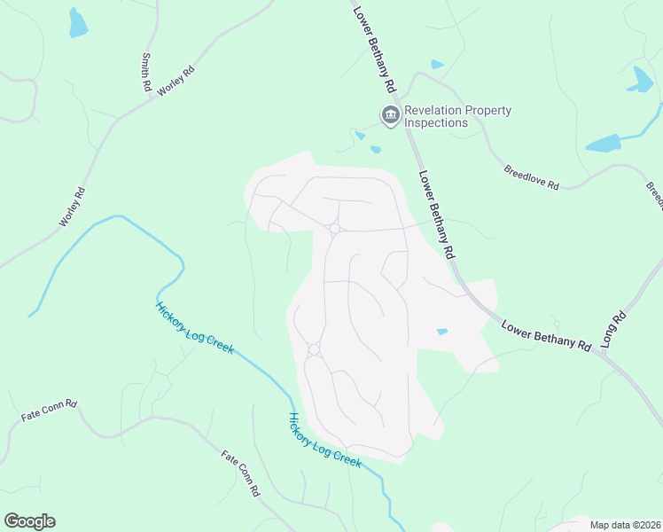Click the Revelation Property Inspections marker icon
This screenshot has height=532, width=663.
point(389,115)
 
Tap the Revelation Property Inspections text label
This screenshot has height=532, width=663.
point(457,116)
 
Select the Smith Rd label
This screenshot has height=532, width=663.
point(145,72)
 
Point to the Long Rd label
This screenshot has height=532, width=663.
point(613,328)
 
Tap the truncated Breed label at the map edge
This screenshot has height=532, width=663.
point(654,196)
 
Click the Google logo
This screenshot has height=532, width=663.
point(29,521)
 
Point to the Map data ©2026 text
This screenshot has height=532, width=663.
point(625,525)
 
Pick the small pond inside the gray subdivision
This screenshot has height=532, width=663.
point(441,332)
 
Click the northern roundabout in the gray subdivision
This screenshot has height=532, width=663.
point(335,229)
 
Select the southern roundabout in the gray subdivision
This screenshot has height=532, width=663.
point(313,349)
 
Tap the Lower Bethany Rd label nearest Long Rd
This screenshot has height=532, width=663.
point(546,336)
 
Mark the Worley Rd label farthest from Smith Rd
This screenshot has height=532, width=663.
point(72,206)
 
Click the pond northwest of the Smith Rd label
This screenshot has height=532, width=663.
point(78,23)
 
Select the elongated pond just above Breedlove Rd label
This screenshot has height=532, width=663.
point(604,143)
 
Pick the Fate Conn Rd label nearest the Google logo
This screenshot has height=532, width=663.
point(49,410)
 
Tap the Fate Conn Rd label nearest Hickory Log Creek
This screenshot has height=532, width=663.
point(240,473)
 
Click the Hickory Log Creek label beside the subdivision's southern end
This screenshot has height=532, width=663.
point(325,441)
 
